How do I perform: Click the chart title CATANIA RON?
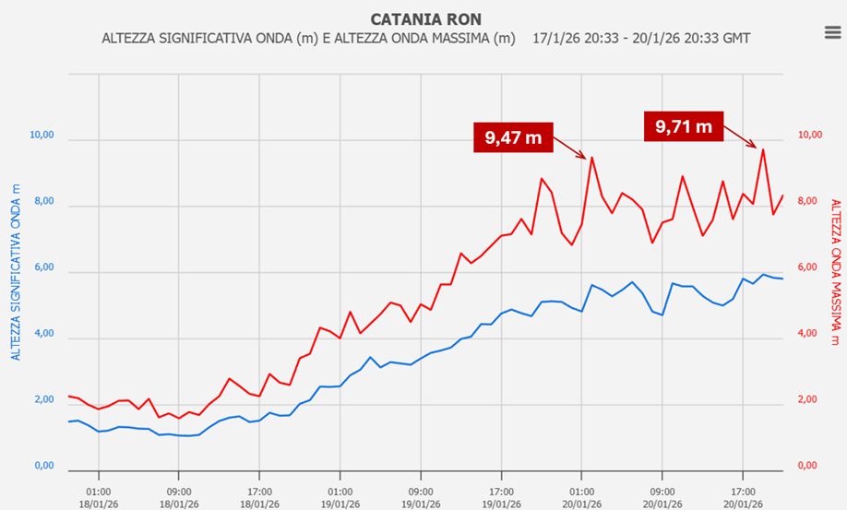[x=425, y=18]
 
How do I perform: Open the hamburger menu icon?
[x=831, y=32]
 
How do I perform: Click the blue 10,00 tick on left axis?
[x=42, y=136]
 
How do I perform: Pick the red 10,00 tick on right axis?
[x=809, y=135]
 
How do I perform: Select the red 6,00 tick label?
[x=809, y=267]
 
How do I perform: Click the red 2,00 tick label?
[x=809, y=400]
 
